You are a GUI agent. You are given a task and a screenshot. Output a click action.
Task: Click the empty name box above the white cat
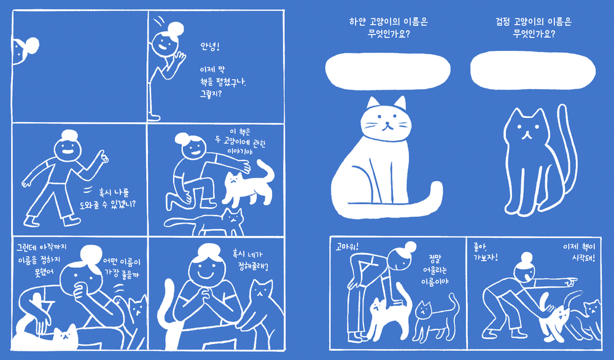tap(387, 71)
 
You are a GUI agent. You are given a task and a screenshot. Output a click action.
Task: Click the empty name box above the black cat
tap(533, 70)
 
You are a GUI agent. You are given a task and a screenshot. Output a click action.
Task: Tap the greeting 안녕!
tap(210, 47)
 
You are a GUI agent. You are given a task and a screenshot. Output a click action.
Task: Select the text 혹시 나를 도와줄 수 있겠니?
tap(107, 198)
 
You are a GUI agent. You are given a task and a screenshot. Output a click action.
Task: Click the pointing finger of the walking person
tap(104, 156)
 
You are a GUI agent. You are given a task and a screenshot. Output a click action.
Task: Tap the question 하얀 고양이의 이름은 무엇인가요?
tap(389, 28)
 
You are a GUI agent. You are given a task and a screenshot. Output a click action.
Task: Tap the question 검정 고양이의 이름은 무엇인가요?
tap(534, 28)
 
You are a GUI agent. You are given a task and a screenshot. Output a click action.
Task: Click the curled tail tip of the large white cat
tap(435, 191)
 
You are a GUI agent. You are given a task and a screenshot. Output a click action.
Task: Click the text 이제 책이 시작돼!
tap(579, 252)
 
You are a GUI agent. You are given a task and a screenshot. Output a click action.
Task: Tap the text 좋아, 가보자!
tap(486, 252)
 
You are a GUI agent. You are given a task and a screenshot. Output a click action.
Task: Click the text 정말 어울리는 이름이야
tap(435, 270)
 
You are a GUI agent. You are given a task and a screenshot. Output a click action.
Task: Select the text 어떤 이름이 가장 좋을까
tap(122, 268)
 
